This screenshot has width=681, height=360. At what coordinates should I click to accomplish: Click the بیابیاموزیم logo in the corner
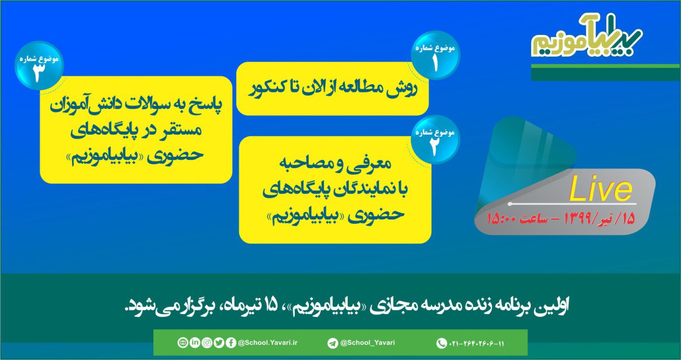pyautogui.click(x=586, y=36)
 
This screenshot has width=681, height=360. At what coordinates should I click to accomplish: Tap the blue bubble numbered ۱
pyautogui.click(x=435, y=55)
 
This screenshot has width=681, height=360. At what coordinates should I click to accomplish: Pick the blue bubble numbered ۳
pyautogui.click(x=39, y=65)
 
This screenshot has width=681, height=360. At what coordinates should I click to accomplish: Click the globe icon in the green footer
pyautogui.click(x=182, y=342)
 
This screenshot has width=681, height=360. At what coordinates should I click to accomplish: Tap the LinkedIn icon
pyautogui.click(x=195, y=342)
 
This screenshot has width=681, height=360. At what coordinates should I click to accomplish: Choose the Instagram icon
pyautogui.click(x=207, y=342)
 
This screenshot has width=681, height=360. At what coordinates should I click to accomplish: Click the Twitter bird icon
pyautogui.click(x=219, y=342)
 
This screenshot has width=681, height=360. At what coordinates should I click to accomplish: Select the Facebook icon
pyautogui.click(x=231, y=342)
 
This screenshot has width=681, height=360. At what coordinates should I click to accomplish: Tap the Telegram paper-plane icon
pyautogui.click(x=333, y=343)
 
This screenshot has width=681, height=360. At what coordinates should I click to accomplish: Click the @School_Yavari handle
pyautogui.click(x=368, y=342)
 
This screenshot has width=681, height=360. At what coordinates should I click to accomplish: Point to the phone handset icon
pyautogui.click(x=441, y=343)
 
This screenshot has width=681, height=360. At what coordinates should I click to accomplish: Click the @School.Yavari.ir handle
pyautogui.click(x=268, y=342)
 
